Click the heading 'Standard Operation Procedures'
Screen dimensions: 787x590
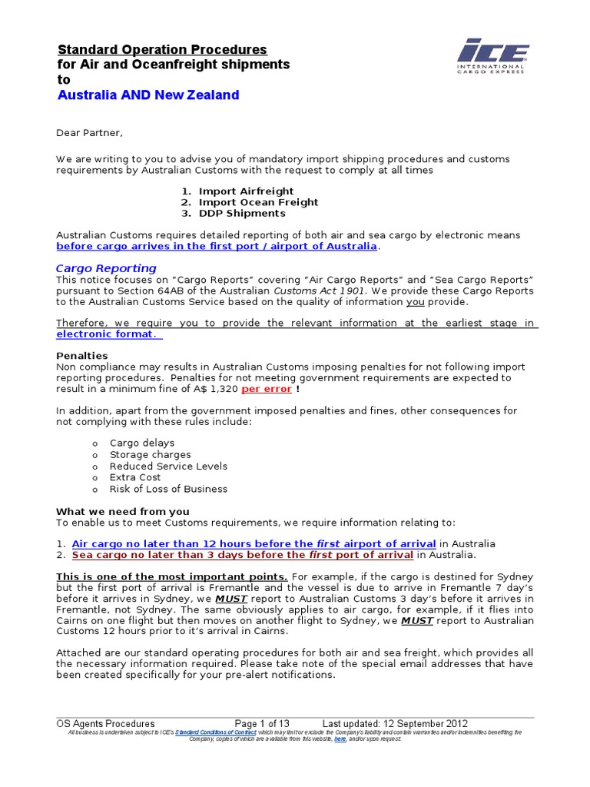coord(162,49)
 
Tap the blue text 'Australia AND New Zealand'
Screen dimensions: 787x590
coord(148,95)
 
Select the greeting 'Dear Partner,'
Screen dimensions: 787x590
coord(89,133)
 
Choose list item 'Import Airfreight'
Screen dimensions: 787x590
coord(246,191)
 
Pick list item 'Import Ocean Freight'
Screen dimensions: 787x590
coord(258,202)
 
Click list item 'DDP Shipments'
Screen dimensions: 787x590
coord(242,214)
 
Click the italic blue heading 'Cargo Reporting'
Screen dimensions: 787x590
coord(106,268)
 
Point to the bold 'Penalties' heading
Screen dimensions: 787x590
coord(82,356)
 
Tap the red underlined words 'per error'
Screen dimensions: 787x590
coord(267,389)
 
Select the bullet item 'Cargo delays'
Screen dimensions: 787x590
coord(142,443)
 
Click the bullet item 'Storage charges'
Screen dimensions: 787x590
coord(151,454)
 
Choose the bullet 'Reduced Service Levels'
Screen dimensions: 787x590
coord(168,466)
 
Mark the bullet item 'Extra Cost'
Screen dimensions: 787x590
coord(136,477)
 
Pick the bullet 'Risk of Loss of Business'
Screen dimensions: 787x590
coord(168,489)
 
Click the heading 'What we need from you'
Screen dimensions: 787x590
coord(122,511)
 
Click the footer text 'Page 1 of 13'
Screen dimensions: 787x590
coord(262,723)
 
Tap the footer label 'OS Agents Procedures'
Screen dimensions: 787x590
coord(106,723)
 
